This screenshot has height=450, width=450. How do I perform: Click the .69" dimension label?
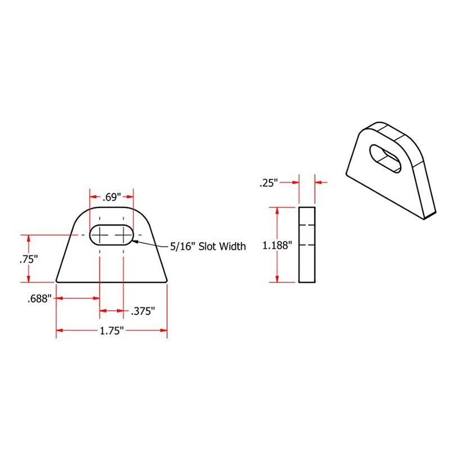[x=112, y=197]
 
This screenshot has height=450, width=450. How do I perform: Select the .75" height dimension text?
[x=28, y=259]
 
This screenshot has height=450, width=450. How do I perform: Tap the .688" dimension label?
[x=39, y=299]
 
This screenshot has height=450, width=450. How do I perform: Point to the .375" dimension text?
[x=142, y=311]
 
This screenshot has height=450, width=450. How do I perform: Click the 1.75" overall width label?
[x=111, y=331]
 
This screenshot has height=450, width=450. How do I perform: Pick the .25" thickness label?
[x=269, y=183]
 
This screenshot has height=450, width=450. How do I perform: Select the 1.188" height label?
[x=277, y=245]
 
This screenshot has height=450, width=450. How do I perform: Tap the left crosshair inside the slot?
[x=100, y=234]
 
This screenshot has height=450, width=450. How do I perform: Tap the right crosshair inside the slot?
[x=123, y=234]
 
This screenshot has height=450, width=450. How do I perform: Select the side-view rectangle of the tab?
[x=307, y=245]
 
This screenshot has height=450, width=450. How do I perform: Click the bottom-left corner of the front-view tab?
[x=57, y=281]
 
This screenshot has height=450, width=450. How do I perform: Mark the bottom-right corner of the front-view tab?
[x=166, y=281]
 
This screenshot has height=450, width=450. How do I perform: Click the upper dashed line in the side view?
[x=307, y=225]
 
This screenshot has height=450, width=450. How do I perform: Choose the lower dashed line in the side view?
[x=307, y=246]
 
